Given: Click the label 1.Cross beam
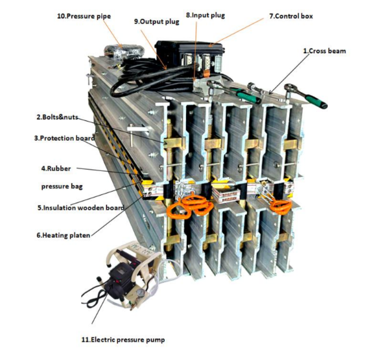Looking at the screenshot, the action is click(x=324, y=51).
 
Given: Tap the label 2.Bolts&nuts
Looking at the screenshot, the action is click(x=57, y=117).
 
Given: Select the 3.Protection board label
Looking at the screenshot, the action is click(x=64, y=138).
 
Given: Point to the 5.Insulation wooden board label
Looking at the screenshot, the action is click(x=81, y=208).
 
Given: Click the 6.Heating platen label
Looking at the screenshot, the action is click(x=64, y=236).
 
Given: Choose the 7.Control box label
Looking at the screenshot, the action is click(x=291, y=16).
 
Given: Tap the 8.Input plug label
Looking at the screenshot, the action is click(x=205, y=16).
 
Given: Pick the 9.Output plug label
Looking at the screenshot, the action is click(x=156, y=21).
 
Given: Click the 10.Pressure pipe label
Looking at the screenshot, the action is click(x=84, y=16).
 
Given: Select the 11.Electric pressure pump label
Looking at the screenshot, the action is click(x=123, y=339).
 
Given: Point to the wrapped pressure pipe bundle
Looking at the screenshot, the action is click(x=124, y=52).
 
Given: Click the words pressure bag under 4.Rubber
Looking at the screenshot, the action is click(x=62, y=186).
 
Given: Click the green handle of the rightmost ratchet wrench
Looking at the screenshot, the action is click(x=317, y=100).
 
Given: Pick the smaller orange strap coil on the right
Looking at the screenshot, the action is click(x=281, y=207).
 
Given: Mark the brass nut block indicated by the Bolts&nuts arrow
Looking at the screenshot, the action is click(x=174, y=144).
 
